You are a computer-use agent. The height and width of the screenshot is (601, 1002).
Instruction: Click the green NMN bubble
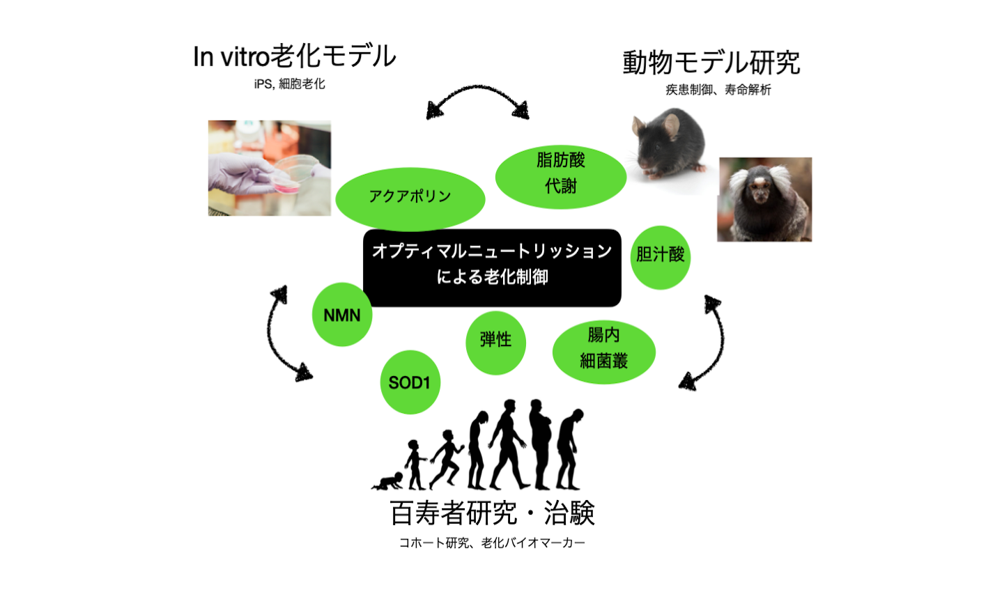tap(341, 315)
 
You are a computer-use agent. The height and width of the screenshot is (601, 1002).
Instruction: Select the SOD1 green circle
tap(410, 382)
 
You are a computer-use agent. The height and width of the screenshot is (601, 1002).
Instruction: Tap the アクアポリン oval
tap(410, 198)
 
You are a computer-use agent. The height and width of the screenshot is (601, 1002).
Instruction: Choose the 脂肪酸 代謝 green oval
tap(560, 174)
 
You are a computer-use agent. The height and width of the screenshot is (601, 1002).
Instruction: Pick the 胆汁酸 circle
tap(660, 256)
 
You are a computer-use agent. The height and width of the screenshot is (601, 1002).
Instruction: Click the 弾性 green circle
tap(495, 341)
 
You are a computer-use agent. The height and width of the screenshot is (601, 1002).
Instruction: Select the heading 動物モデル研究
tap(711, 63)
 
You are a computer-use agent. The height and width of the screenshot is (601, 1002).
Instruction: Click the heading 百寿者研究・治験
tap(492, 514)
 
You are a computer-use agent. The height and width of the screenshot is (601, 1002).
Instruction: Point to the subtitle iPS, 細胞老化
tap(289, 84)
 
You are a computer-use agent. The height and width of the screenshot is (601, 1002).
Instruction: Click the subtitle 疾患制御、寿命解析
tap(718, 90)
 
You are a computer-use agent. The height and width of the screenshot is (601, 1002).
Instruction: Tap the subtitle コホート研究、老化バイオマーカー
tap(492, 543)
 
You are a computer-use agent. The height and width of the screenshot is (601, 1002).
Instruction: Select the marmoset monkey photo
tap(764, 199)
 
